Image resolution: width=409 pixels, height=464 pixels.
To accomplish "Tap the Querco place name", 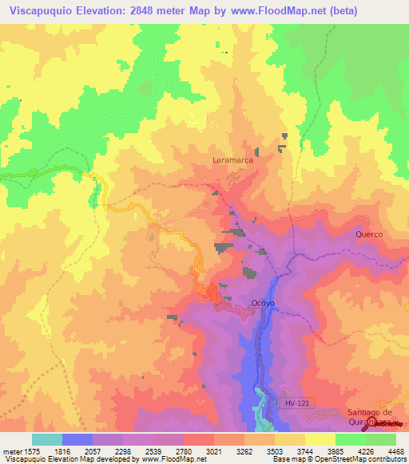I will pyautogui.click(x=369, y=234).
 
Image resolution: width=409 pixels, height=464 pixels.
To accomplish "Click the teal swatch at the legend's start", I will pyautogui.click(x=47, y=439).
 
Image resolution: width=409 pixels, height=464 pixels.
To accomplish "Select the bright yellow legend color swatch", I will pyautogui.click(x=320, y=439).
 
